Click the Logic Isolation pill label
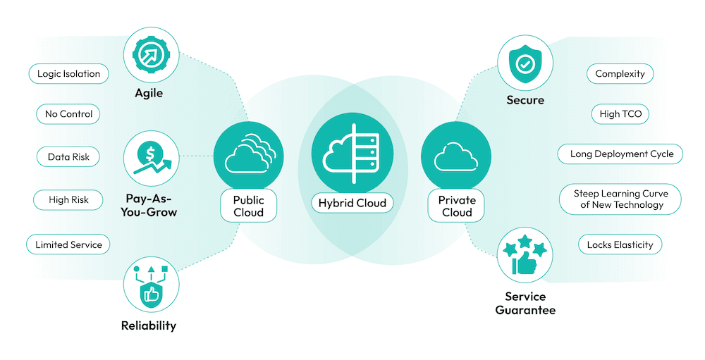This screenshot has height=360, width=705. [68, 73]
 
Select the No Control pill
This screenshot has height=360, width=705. [68, 113]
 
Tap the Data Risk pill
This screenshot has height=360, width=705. [68, 157]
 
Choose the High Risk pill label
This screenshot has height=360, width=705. [68, 200]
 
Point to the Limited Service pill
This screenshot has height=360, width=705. [68, 244]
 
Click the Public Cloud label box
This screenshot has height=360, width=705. [248, 205]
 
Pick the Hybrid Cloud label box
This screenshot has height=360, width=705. [352, 204]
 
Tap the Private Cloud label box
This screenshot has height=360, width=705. [456, 205]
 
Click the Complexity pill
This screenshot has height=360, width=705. [620, 73]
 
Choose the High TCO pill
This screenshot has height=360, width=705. [620, 113]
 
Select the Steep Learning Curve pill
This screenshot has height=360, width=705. [620, 199]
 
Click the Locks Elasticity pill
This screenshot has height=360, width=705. [620, 244]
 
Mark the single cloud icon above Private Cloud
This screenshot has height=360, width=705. [456, 156]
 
